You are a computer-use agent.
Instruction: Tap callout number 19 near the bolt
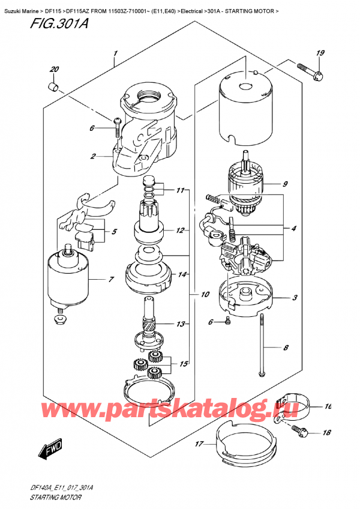(x=320, y=54)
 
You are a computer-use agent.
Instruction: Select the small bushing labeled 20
(x=52, y=87)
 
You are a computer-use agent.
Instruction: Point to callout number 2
(x=94, y=157)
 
